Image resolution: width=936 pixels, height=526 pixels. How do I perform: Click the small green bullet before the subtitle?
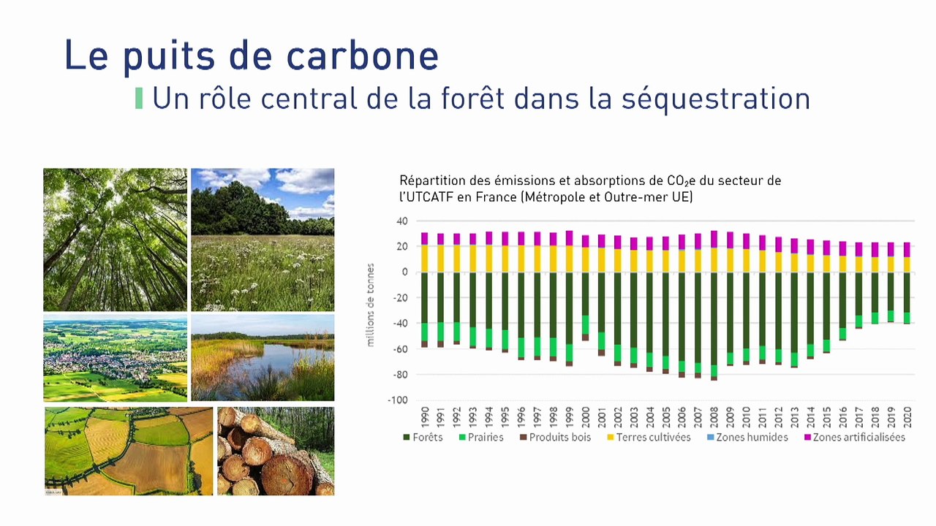point(139,99)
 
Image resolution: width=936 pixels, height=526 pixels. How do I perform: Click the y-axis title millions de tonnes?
point(370,305)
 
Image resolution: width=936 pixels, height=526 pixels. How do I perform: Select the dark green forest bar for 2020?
point(907,291)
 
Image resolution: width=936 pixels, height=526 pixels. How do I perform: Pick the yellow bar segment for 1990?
point(424,258)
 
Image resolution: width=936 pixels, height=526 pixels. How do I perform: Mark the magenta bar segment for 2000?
point(585,241)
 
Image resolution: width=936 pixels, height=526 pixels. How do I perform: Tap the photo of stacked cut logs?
point(275,451)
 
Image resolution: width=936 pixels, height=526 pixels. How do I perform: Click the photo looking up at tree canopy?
point(115,240)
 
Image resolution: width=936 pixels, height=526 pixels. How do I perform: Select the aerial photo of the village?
point(115,358)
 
